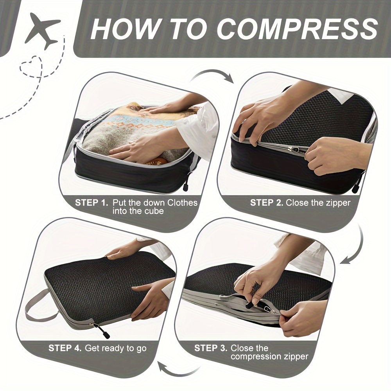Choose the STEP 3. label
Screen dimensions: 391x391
tap(211, 348)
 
